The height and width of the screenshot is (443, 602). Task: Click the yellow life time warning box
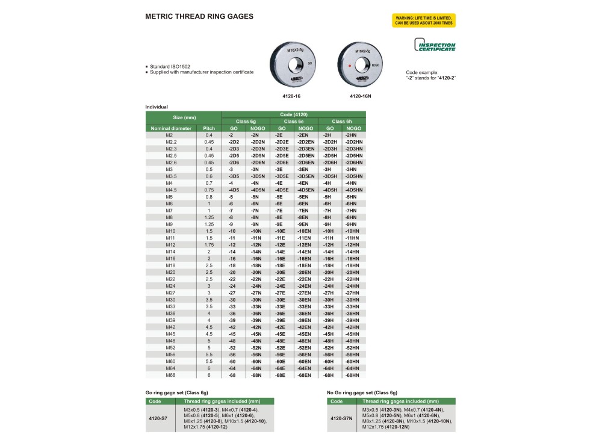pos(423,20)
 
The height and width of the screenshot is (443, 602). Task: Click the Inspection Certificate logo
pos(434,46)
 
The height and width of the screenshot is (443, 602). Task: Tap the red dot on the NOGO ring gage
pos(349,63)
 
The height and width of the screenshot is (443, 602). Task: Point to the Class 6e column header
pos(294,122)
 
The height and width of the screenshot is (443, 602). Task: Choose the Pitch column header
pos(209,128)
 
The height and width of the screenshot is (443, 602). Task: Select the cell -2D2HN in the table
pos(353,142)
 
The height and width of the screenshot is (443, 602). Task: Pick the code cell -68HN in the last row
pos(353,376)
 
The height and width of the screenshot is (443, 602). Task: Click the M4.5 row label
pos(170,190)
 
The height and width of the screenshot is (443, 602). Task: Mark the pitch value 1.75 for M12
pos(209,244)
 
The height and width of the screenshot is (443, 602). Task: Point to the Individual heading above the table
pos(157,107)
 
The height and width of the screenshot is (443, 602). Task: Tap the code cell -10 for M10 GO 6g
pos(231,231)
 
